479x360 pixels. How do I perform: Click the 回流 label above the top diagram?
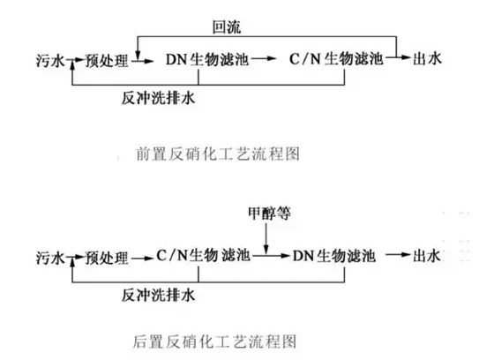pyautogui.click(x=227, y=27)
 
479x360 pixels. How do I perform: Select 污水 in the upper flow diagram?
pyautogui.click(x=50, y=60)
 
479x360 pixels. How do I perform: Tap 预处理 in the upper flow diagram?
pyautogui.click(x=107, y=60)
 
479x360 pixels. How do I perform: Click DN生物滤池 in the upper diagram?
pyautogui.click(x=207, y=59)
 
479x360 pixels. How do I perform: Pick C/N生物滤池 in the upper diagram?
pyautogui.click(x=336, y=58)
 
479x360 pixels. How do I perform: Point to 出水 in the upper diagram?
pyautogui.click(x=427, y=58)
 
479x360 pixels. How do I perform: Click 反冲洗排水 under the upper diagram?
pyautogui.click(x=158, y=98)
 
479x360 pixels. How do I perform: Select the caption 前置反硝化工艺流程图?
pyautogui.click(x=218, y=154)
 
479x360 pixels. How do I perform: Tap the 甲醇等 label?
pyautogui.click(x=269, y=213)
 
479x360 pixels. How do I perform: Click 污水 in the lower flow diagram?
pyautogui.click(x=50, y=258)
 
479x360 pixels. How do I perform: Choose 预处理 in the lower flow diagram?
pyautogui.click(x=107, y=258)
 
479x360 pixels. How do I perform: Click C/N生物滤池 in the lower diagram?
pyautogui.click(x=204, y=256)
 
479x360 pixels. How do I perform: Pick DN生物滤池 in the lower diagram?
pyautogui.click(x=334, y=256)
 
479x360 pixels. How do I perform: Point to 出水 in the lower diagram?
pyautogui.click(x=427, y=256)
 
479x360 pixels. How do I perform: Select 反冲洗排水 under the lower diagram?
pyautogui.click(x=158, y=296)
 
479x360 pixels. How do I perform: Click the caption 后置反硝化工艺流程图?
pyautogui.click(x=214, y=341)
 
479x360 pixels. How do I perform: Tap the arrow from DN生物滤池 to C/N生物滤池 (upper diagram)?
pyautogui.click(x=264, y=58)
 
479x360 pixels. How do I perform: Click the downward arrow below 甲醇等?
pyautogui.click(x=266, y=238)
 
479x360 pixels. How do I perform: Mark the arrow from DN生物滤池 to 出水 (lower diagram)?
pyautogui.click(x=397, y=255)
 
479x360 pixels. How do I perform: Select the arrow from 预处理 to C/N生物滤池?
pyautogui.click(x=142, y=259)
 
